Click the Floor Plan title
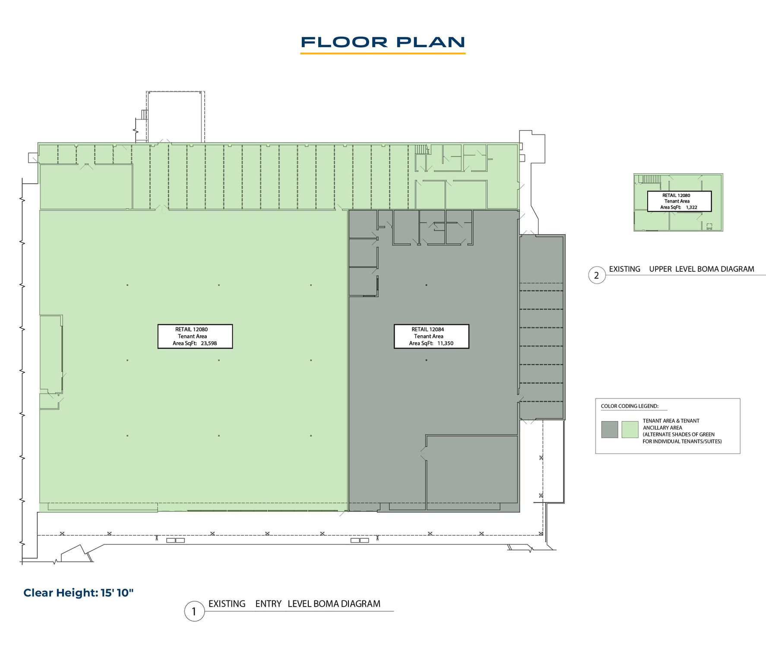point(383,42)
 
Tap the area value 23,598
point(209,343)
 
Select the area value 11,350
point(445,343)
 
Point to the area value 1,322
point(691,207)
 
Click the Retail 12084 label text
point(427,329)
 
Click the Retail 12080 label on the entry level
point(191,329)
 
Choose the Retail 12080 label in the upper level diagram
point(676,195)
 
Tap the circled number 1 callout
point(194,611)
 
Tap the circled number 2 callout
point(597,275)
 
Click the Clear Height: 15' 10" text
point(79,593)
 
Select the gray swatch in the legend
point(610,429)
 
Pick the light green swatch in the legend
point(630,429)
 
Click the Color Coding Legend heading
point(630,406)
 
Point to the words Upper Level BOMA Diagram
point(702,269)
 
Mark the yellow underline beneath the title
point(383,54)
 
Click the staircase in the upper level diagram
point(649,179)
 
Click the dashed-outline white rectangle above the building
point(175,117)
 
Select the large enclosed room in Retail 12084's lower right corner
point(472,469)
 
